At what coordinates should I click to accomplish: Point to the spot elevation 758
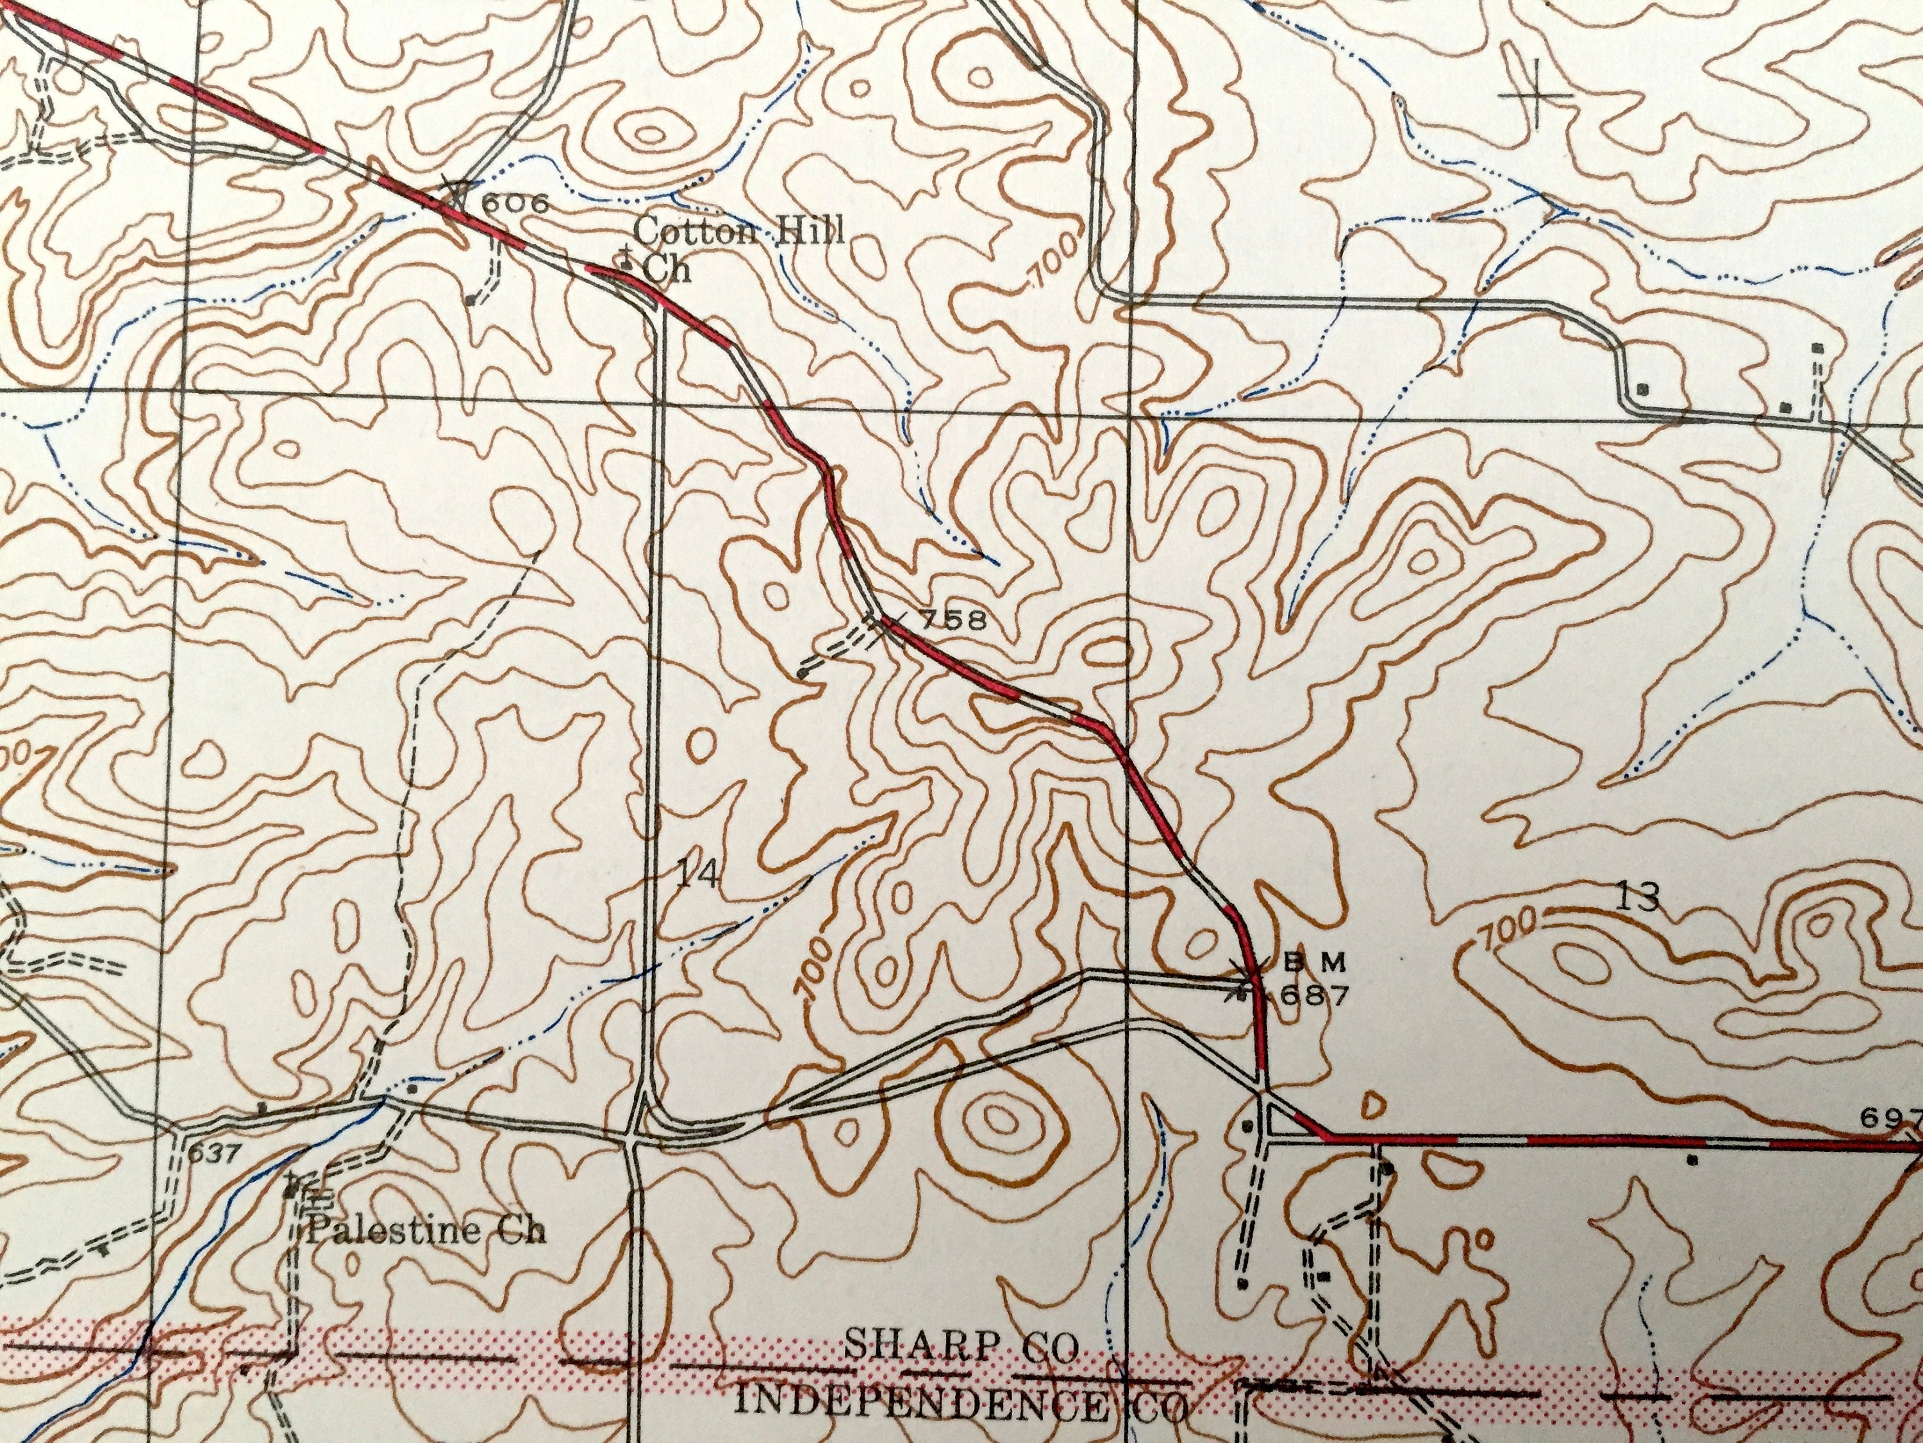[x=954, y=620]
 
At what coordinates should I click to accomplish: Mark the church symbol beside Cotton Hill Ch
[x=624, y=257]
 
